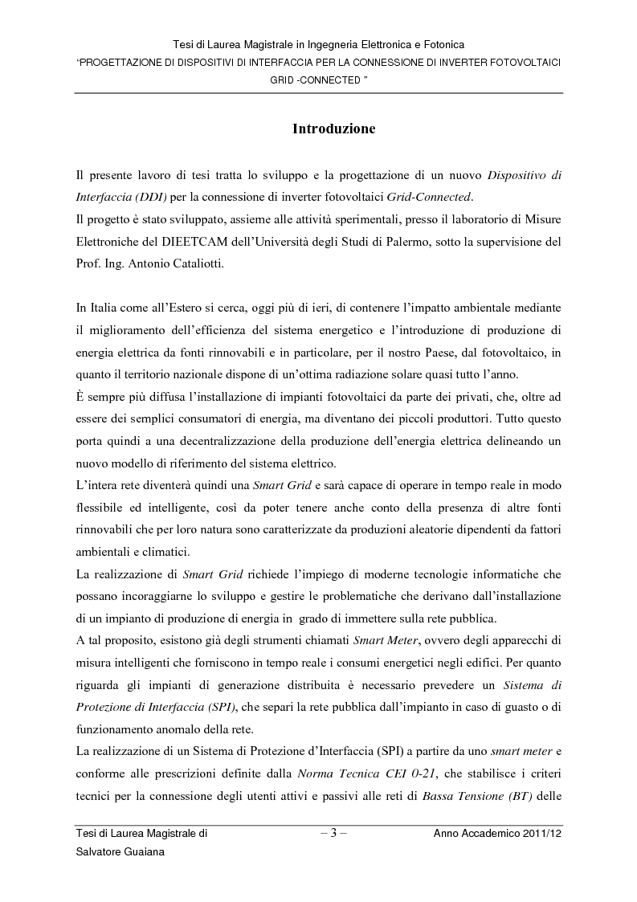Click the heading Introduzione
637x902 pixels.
pos(333,129)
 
